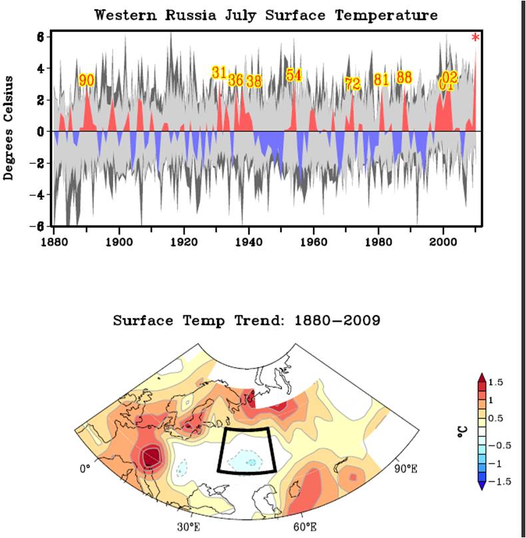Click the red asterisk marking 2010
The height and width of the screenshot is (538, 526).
click(x=475, y=38)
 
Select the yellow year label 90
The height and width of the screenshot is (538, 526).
click(x=87, y=81)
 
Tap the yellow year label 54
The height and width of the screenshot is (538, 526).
click(x=294, y=75)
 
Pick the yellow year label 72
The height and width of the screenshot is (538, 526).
click(x=352, y=84)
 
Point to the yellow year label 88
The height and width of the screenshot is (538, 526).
click(x=404, y=77)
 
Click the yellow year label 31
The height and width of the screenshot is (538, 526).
click(x=219, y=73)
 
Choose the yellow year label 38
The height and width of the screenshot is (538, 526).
click(x=254, y=81)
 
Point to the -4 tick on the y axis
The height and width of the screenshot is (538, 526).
click(x=40, y=195)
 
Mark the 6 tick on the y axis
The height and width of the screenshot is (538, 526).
click(x=40, y=37)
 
